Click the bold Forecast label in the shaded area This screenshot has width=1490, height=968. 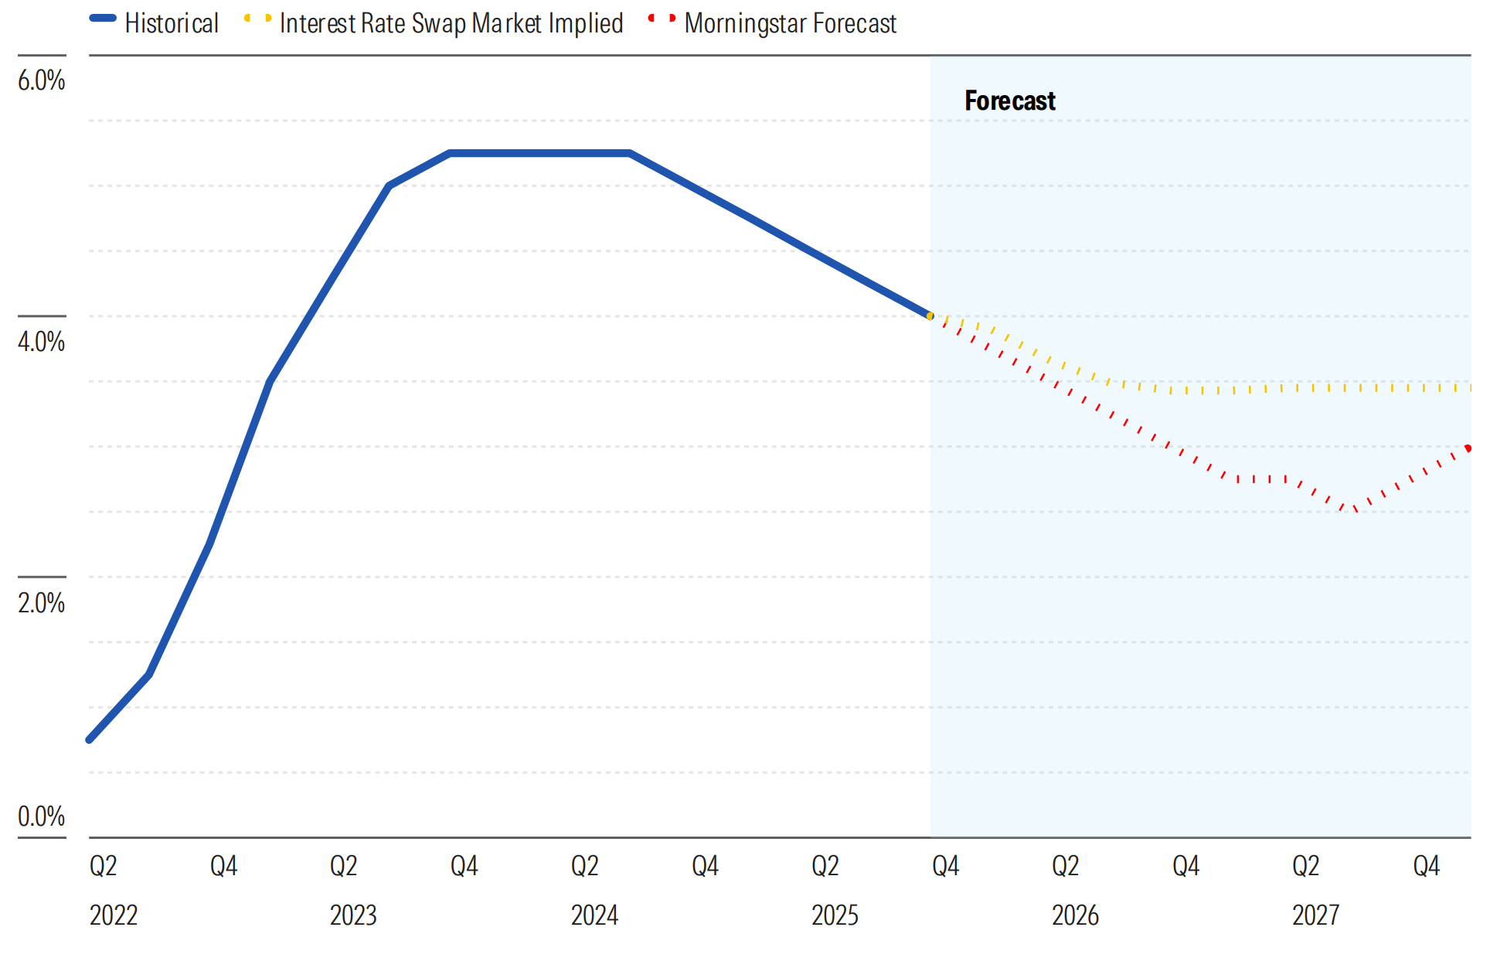point(1009,101)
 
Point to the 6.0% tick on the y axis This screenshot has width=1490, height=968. point(42,80)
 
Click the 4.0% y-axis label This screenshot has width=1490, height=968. point(42,341)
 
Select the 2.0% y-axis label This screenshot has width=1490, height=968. point(42,602)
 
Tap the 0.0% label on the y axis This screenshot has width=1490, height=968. point(42,816)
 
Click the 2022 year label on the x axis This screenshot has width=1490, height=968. point(114,915)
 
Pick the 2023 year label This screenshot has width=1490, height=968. point(353,915)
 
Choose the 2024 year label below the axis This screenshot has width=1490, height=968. point(594,915)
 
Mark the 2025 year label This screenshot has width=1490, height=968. point(835,915)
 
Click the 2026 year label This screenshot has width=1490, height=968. point(1075,915)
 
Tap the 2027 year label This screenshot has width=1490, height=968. point(1315,915)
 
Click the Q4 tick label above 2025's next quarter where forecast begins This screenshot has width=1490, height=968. point(945,865)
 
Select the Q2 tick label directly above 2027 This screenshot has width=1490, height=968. point(1305,865)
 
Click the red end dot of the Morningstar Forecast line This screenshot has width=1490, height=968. point(1468,448)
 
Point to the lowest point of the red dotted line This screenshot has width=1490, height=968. point(1355,510)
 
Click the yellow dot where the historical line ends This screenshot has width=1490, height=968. point(930,315)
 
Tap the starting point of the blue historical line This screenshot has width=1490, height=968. point(90,739)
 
